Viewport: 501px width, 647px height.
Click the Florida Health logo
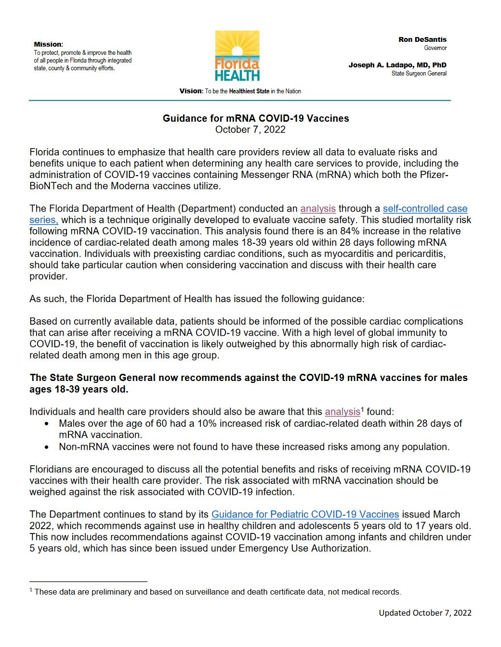(237, 56)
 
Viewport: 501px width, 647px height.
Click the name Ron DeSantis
(422, 39)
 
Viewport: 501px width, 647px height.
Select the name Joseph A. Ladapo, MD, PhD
(397, 65)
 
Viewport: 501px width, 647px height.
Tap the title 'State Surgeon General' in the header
(419, 74)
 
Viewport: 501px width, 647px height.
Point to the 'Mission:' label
(48, 44)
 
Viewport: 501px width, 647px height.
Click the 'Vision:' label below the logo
(191, 91)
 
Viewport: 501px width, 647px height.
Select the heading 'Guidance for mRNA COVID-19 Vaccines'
(256, 118)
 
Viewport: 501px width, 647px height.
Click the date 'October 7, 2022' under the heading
(250, 129)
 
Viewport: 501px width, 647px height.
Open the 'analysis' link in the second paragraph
(318, 209)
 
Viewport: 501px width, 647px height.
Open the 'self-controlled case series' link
(424, 209)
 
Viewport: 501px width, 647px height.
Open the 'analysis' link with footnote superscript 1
(343, 412)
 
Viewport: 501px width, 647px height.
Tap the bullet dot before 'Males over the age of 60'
(46, 424)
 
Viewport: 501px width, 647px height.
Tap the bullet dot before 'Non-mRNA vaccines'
(46, 447)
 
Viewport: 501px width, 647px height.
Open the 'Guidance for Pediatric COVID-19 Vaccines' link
(305, 515)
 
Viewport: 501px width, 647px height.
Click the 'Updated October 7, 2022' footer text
(425, 613)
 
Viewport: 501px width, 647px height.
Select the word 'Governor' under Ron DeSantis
(435, 48)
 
